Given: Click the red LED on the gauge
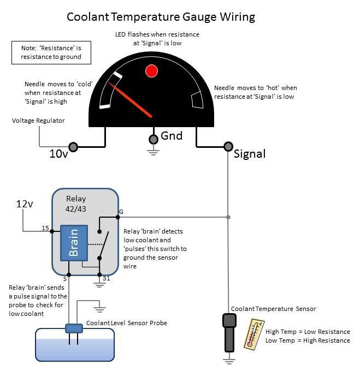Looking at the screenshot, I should coord(151,70).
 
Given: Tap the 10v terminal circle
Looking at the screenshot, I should coord(73,146).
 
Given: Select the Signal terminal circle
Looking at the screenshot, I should coord(228,146).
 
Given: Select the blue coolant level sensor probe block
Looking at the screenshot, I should coord(73,328).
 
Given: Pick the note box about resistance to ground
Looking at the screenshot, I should coord(51,52).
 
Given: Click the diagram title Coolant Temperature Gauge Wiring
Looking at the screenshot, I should coord(161,16).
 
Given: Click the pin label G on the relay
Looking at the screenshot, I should coord(121,211).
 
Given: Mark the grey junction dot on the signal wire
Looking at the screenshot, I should coord(228,217).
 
